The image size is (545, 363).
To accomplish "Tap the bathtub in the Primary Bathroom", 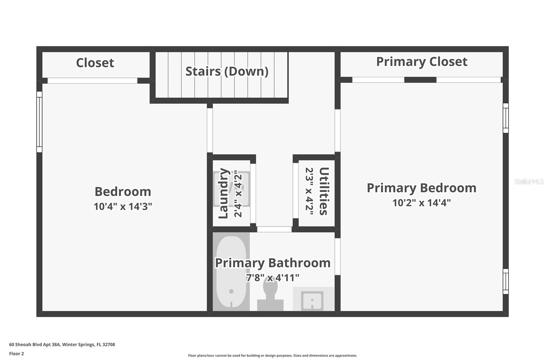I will (231, 271).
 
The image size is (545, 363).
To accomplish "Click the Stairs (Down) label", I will (227, 72).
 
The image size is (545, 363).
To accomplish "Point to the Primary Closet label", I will (422, 62).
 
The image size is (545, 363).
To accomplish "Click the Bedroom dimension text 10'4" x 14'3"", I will (123, 206).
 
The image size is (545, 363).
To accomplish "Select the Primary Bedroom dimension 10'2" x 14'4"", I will (421, 203).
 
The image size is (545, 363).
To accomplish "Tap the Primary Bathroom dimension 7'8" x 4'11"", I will (272, 278).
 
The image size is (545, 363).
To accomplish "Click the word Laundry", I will (223, 193).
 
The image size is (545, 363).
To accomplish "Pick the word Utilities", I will (324, 191).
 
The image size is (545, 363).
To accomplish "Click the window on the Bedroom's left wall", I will (40, 122).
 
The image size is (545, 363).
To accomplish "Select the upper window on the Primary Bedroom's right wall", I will (506, 118).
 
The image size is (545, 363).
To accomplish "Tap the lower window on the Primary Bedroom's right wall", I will (506, 281).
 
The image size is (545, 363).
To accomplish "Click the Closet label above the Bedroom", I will (95, 63).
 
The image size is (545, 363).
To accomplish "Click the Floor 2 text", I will (16, 353).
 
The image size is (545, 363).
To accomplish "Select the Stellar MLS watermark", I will (529, 181).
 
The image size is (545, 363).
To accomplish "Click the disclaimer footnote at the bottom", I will (272, 356).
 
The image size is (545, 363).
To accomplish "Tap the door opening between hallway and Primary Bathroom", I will (274, 230).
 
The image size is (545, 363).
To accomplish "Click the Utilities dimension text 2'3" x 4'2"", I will (309, 191).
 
